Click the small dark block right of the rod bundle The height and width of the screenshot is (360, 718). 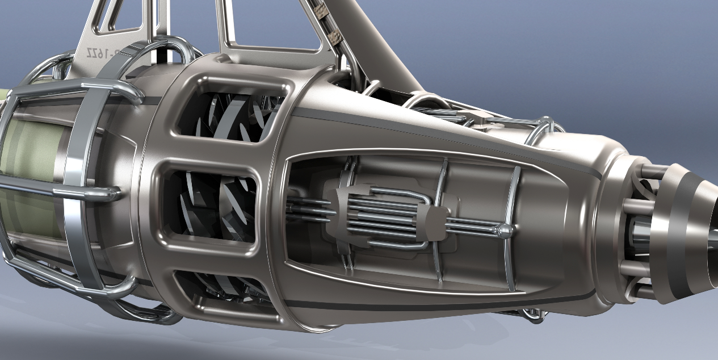(x=435, y=221)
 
